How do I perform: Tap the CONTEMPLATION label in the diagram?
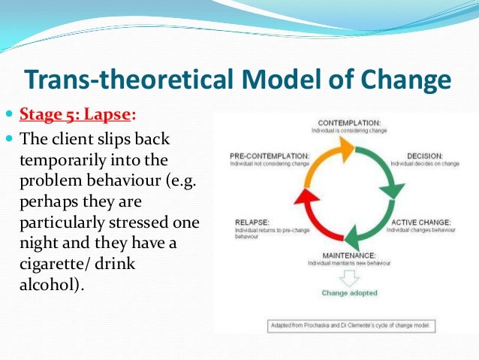[x=349, y=122]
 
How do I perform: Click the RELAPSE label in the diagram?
[x=246, y=222]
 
